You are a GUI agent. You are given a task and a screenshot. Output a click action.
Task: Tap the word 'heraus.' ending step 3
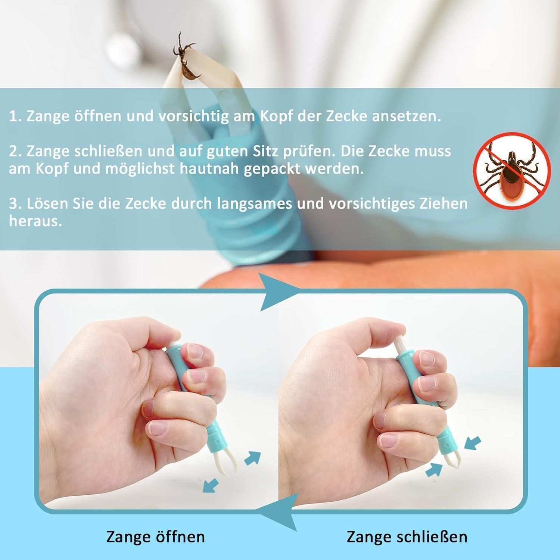pos(35,221)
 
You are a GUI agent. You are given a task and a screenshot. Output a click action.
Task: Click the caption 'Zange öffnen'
pos(156,537)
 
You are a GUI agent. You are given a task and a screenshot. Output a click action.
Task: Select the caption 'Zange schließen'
pos(407,537)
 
